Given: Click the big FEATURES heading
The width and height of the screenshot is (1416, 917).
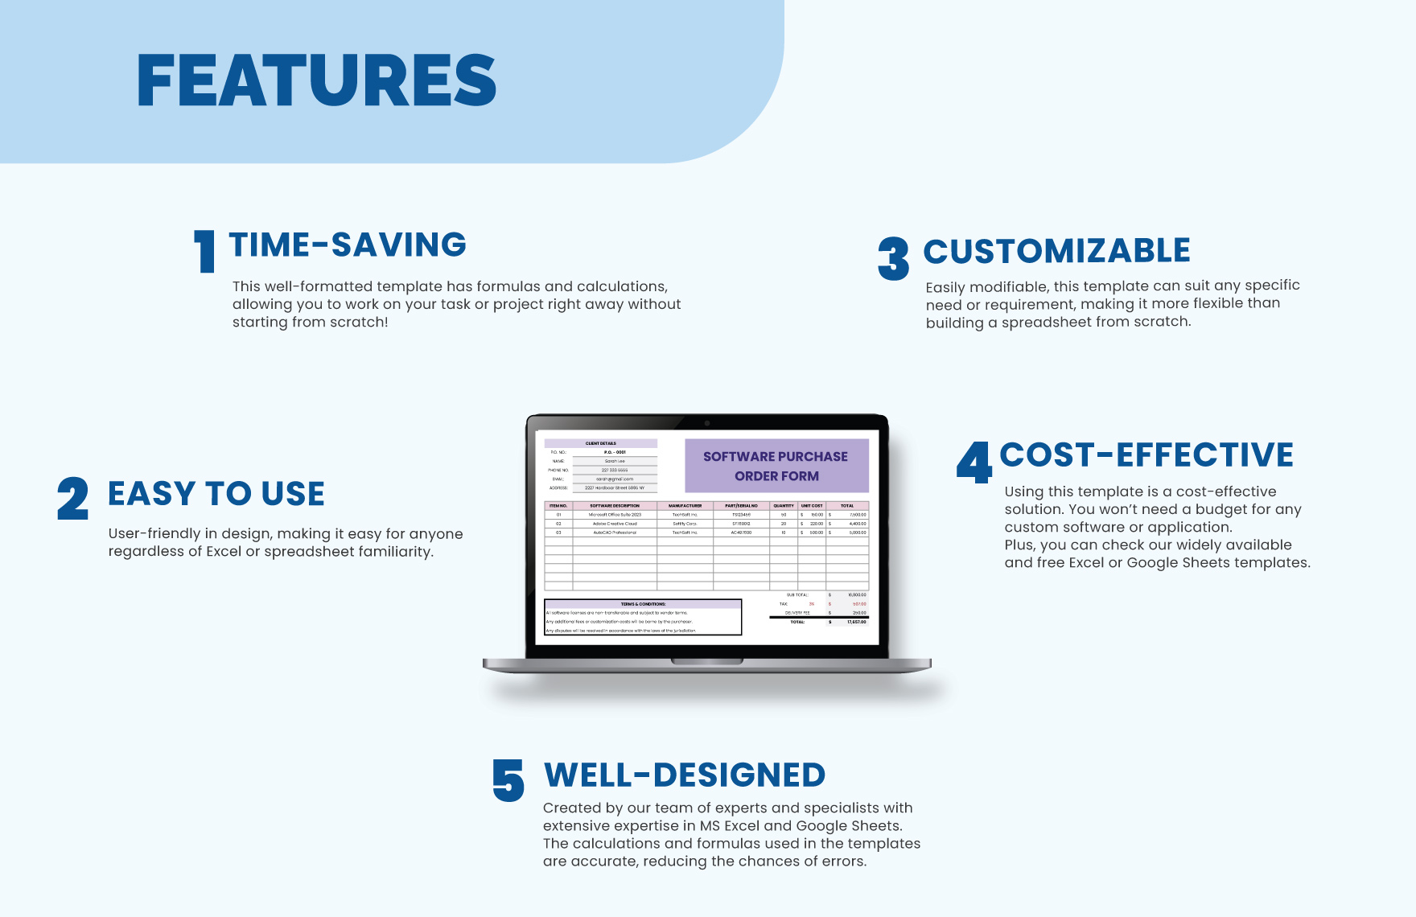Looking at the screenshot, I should pyautogui.click(x=316, y=80).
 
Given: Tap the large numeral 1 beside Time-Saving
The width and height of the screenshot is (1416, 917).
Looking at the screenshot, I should pyautogui.click(x=205, y=251).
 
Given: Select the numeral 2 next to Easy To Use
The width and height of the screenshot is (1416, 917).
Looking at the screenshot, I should pyautogui.click(x=72, y=499).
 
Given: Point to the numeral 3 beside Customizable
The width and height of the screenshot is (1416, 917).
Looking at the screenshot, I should pyautogui.click(x=893, y=258).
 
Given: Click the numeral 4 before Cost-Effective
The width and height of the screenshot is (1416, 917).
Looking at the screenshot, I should pyautogui.click(x=974, y=463).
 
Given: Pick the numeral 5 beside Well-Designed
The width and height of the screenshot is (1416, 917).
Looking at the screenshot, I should pyautogui.click(x=508, y=780).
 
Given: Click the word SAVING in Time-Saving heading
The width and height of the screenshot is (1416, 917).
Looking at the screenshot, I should pyautogui.click(x=398, y=245).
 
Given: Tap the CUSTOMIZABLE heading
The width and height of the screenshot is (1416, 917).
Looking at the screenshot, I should pyautogui.click(x=1056, y=251).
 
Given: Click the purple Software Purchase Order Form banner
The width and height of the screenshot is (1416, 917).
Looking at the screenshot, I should pyautogui.click(x=776, y=466).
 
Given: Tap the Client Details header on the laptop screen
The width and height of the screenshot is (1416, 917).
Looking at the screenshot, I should pyautogui.click(x=600, y=443).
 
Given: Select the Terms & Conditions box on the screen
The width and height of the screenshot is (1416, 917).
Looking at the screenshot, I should pyautogui.click(x=642, y=617).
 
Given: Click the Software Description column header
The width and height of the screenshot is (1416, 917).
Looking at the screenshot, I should pyautogui.click(x=615, y=506).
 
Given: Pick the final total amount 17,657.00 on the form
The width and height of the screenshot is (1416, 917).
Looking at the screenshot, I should pyautogui.click(x=856, y=622).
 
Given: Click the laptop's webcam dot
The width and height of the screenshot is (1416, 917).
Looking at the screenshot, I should pyautogui.click(x=707, y=422).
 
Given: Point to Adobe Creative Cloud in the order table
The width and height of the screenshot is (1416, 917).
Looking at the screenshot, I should pyautogui.click(x=615, y=524).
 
